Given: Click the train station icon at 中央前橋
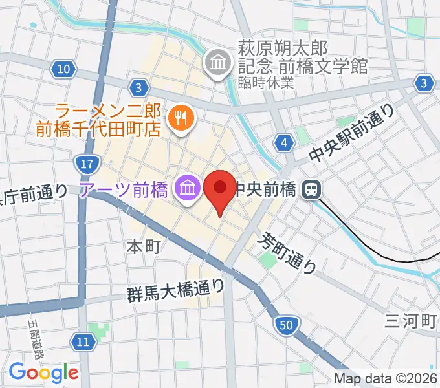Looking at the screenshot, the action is (312, 189).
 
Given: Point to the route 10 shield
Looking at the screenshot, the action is (63, 69).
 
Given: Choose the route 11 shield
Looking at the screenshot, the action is (82, 341).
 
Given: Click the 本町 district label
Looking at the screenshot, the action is (142, 246).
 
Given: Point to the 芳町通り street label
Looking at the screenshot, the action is (288, 252).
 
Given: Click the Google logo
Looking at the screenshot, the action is (43, 372).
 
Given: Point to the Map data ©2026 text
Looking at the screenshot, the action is (386, 379).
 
